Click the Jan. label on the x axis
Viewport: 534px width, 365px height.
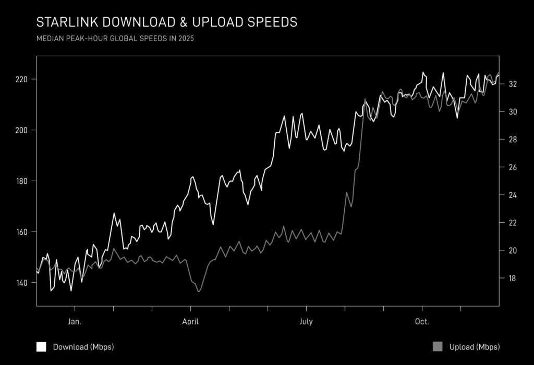click(75, 322)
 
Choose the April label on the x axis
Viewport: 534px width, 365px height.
click(190, 322)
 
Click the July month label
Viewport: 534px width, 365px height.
click(306, 322)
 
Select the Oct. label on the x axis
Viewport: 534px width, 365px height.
click(422, 322)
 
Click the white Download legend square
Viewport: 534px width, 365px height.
click(41, 347)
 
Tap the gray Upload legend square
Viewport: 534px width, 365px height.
click(438, 347)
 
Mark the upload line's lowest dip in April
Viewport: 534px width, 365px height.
click(199, 292)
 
